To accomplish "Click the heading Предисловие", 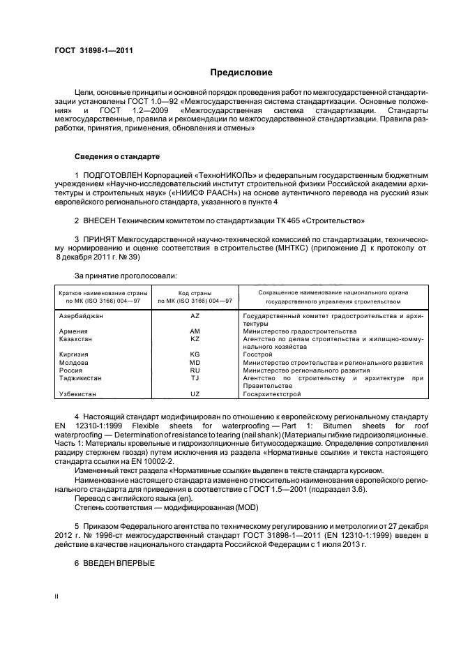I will [x=241, y=73].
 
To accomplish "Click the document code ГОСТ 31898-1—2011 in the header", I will [x=94, y=50].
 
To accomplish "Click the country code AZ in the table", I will [x=195, y=316].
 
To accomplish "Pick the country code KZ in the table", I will [x=195, y=338].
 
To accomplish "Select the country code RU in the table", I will [x=195, y=370].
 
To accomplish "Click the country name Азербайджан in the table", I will [x=81, y=316].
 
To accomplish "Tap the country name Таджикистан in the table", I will [x=81, y=378].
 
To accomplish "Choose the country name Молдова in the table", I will [x=73, y=363].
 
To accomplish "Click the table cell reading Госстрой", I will [x=258, y=354].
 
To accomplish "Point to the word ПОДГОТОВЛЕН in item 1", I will [x=116, y=174].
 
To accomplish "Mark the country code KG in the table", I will [x=195, y=354].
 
